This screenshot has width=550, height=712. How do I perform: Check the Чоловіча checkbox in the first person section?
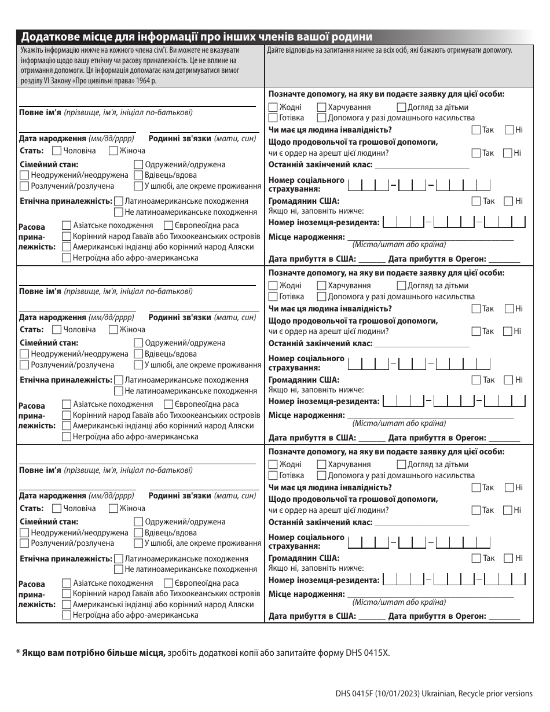pyautogui.click(x=57, y=151)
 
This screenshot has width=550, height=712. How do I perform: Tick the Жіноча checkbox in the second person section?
pyautogui.click(x=113, y=329)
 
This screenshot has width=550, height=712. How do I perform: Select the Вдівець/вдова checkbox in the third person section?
pyautogui.click(x=138, y=533)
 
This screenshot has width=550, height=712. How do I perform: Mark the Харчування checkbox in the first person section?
pyautogui.click(x=322, y=107)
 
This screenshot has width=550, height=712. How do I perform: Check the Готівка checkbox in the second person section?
pyautogui.click(x=273, y=296)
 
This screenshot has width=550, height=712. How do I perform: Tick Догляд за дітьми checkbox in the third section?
pyautogui.click(x=402, y=464)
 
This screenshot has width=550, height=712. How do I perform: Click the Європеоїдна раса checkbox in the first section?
pyautogui.click(x=168, y=226)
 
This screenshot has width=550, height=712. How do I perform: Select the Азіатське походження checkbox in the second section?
pyautogui.click(x=67, y=404)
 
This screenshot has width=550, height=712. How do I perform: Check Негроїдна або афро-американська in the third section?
pyautogui.click(x=67, y=615)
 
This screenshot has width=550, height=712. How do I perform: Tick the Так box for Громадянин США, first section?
pyautogui.click(x=476, y=201)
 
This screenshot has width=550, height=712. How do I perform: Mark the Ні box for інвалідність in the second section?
pyautogui.click(x=509, y=309)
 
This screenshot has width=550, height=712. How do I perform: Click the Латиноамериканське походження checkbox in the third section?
pyautogui.click(x=119, y=559)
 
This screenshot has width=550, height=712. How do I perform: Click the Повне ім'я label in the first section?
pyautogui.click(x=40, y=112)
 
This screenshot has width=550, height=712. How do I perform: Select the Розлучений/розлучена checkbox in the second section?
pyautogui.click(x=24, y=365)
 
